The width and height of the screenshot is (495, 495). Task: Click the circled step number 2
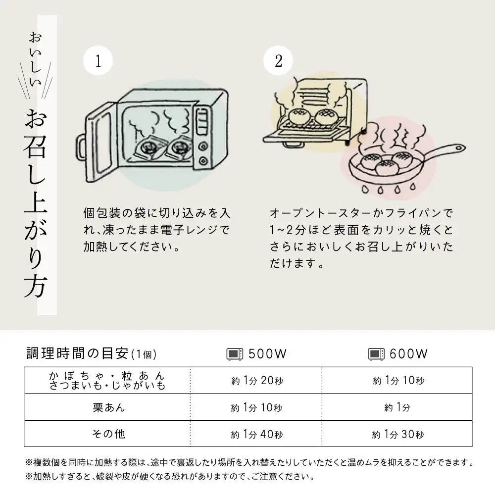[279, 61]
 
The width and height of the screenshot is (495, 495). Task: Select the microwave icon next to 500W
[235, 354]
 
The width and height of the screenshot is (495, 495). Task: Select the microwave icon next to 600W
[376, 354]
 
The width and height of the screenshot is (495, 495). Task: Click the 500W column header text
[268, 354]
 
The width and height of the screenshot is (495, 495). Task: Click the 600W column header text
[408, 354]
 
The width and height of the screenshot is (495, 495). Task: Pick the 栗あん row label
[108, 407]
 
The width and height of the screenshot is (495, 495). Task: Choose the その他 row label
[108, 434]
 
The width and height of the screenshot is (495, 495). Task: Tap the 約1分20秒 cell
[256, 381]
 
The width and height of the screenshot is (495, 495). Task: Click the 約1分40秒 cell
[256, 435]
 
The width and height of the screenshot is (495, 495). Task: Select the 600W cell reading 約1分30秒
[398, 435]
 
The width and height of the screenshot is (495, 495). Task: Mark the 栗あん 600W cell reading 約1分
[397, 408]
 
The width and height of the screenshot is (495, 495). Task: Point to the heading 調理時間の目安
[78, 353]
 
